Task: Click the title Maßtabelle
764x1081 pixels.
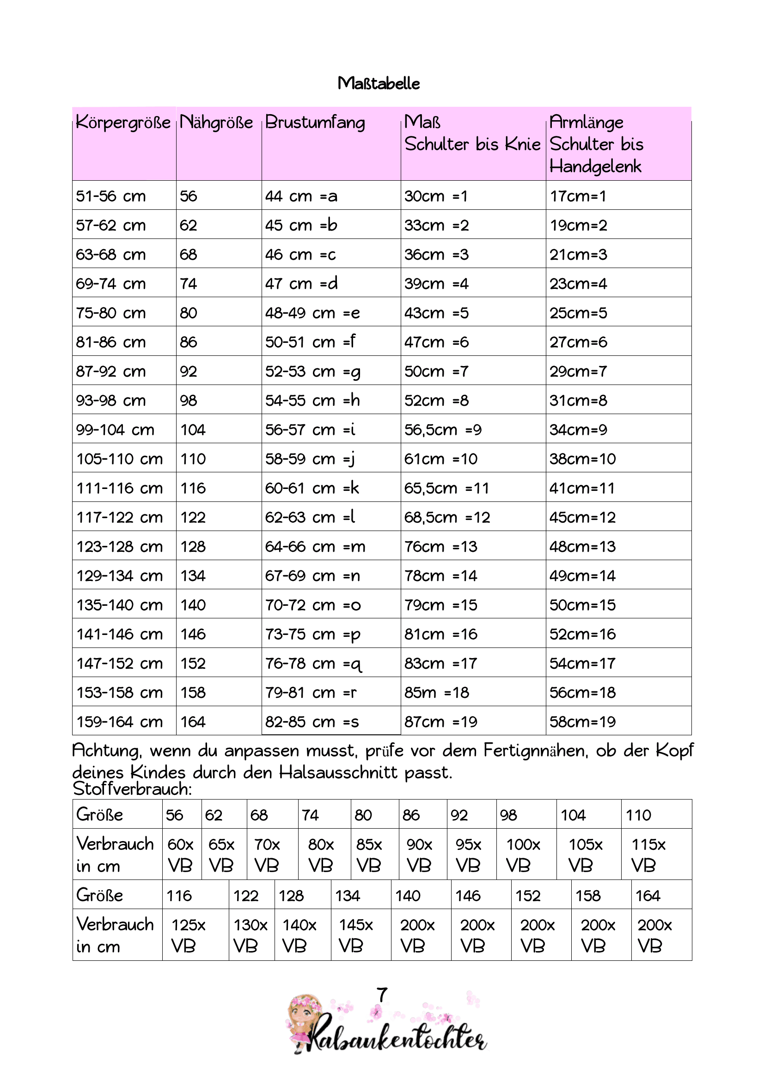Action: coord(379,83)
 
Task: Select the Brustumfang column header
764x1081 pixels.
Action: coord(315,122)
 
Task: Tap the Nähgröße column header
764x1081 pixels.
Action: coord(217,122)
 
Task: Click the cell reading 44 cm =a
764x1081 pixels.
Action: coord(301,196)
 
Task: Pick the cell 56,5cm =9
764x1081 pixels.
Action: coord(442,429)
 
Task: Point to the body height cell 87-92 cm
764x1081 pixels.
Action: coord(110,371)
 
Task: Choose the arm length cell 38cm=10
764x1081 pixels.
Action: coord(582,458)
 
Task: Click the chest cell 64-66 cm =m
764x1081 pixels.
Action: coord(315,546)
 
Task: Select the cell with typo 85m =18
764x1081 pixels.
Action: coord(436,692)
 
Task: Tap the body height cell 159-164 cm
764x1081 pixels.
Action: coord(120,721)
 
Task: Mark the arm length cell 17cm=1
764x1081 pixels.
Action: coord(578,196)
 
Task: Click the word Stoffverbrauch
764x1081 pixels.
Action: coord(132,788)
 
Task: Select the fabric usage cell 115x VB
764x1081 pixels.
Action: coord(648,855)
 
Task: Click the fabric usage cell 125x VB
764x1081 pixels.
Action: coord(188,935)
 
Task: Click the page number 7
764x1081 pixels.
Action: coord(382,995)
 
